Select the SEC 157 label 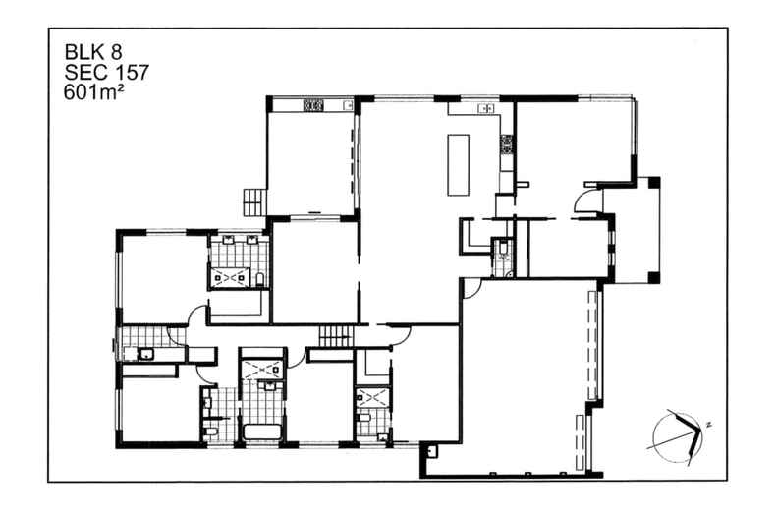coord(100,74)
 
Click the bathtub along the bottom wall coord(261,432)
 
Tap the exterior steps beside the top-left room coord(253,201)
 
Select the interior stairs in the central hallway coord(334,337)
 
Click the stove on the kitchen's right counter coord(507,144)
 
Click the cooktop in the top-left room coord(314,103)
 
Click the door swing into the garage coord(471,288)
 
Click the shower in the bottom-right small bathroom coord(372,400)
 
